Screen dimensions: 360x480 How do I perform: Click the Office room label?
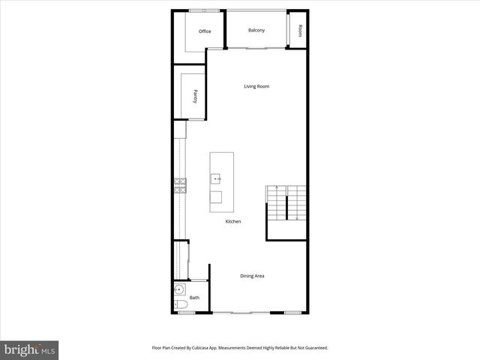[x=205, y=31]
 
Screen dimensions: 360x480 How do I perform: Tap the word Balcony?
[x=256, y=30]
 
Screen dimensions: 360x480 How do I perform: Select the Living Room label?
[x=256, y=86]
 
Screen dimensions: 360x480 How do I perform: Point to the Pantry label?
[x=195, y=94]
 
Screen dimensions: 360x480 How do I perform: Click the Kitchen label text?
[x=233, y=222]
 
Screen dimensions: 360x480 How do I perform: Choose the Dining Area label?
[x=252, y=276]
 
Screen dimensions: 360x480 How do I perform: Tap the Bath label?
[x=194, y=298]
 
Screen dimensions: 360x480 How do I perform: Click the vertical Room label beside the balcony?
[x=300, y=31]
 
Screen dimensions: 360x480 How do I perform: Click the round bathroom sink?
[x=178, y=290]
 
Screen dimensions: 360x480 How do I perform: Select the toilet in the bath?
[x=180, y=306]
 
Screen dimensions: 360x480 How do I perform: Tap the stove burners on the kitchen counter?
[x=180, y=185]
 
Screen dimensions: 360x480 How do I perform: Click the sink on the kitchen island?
[x=215, y=178]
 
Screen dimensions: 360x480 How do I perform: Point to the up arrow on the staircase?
[x=277, y=187]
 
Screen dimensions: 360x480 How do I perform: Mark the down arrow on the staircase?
[x=297, y=217]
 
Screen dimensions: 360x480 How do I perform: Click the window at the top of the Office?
[x=199, y=10]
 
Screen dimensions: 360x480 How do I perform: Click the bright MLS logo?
[x=29, y=349]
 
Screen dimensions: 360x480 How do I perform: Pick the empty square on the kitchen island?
[x=215, y=197]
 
